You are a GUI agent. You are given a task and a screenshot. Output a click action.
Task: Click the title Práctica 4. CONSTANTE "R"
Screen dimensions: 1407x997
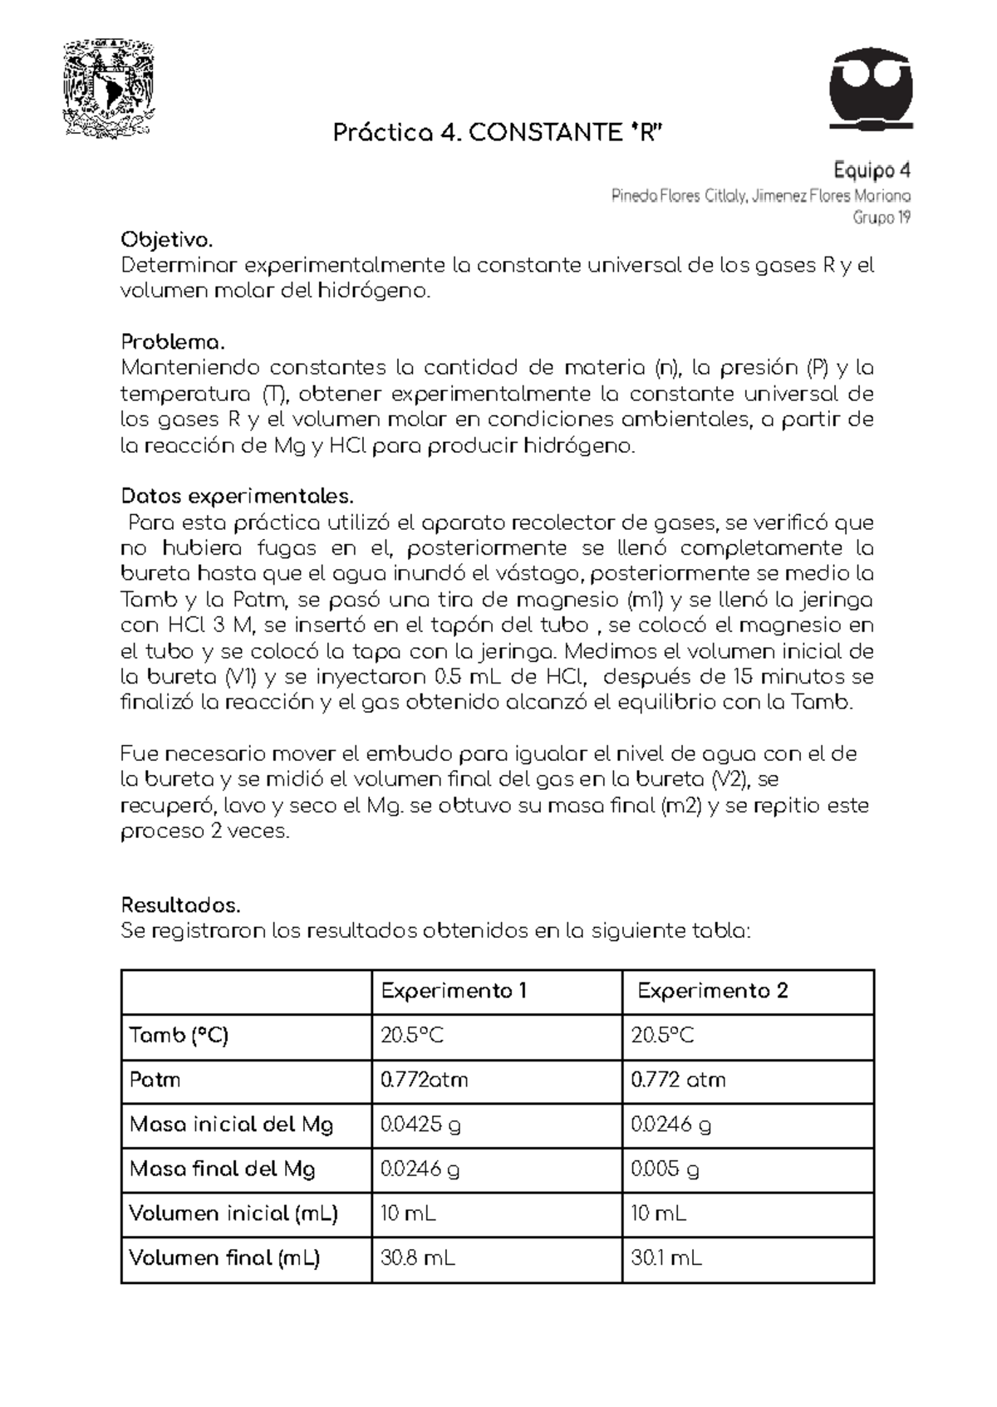pyautogui.click(x=498, y=133)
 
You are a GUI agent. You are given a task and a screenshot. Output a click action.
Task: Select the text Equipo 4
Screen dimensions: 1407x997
pyautogui.click(x=872, y=171)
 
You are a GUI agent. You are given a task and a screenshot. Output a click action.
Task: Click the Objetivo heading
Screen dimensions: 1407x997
pyautogui.click(x=167, y=241)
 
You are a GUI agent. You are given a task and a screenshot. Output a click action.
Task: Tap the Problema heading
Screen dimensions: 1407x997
pyautogui.click(x=173, y=342)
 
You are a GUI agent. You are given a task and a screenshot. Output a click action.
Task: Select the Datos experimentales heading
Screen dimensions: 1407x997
pyautogui.click(x=238, y=497)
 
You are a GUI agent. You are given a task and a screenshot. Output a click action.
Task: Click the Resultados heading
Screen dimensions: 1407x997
pyautogui.click(x=180, y=904)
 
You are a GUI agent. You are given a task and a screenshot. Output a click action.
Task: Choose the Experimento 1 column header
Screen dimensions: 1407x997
pyautogui.click(x=454, y=991)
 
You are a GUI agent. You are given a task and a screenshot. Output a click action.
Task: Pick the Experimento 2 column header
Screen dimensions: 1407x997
pyautogui.click(x=712, y=991)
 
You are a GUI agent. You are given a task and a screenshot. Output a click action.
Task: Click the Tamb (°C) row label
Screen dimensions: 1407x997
pyautogui.click(x=179, y=1036)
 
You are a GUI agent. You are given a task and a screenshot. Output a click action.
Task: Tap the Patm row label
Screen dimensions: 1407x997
pyautogui.click(x=155, y=1080)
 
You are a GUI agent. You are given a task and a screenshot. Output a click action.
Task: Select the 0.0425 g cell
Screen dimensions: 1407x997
pyautogui.click(x=420, y=1125)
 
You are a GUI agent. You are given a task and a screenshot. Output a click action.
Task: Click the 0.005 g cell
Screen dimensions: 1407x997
pyautogui.click(x=665, y=1169)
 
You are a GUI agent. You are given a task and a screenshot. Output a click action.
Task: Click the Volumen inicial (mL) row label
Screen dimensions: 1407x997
pyautogui.click(x=233, y=1213)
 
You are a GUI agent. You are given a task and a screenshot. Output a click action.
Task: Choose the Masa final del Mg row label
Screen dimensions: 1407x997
pyautogui.click(x=223, y=1169)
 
